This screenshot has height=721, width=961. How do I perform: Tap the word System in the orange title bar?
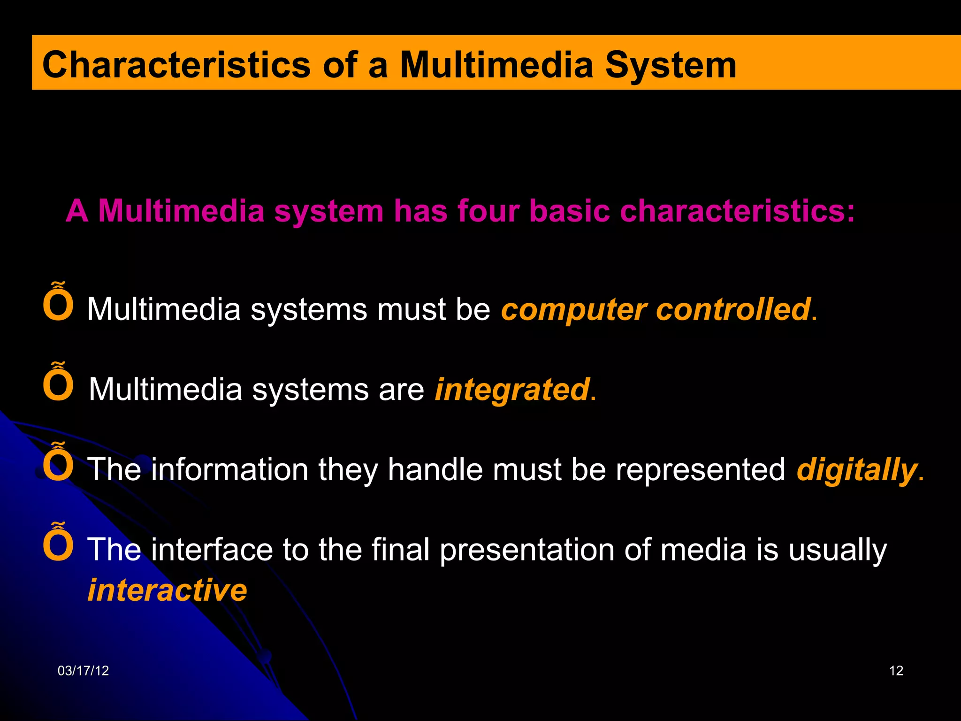click(x=671, y=66)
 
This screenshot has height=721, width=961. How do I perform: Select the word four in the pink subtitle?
click(x=488, y=211)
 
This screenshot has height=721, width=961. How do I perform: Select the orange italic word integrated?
click(x=512, y=390)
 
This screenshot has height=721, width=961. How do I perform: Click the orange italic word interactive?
click(x=167, y=590)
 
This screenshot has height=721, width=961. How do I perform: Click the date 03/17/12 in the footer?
click(x=83, y=671)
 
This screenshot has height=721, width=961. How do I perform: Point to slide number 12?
click(x=896, y=671)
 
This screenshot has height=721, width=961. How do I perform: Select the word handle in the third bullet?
click(x=435, y=469)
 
